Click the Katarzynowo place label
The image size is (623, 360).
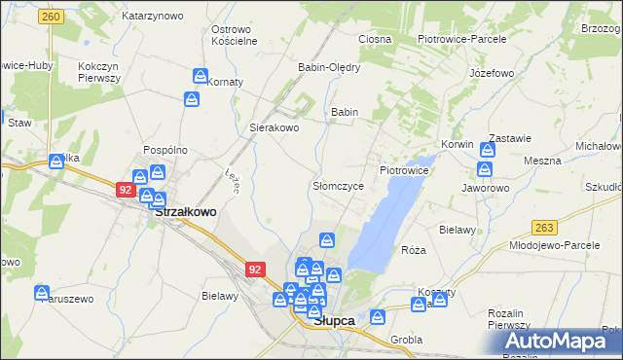point(153,17)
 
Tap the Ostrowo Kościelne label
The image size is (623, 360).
point(234,35)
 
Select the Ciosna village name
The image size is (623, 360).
point(374,39)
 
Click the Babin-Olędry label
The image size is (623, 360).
point(329,68)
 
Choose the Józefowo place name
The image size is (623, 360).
point(491,73)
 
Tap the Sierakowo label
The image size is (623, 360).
point(275,127)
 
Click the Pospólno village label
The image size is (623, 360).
point(165,150)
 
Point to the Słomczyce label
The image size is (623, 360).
point(338,185)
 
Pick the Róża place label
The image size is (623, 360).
point(414,250)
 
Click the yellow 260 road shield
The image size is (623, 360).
point(52,18)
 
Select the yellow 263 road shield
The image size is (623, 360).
point(545,227)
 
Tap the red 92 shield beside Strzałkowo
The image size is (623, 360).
point(125,190)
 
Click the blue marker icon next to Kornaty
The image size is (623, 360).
point(201,76)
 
